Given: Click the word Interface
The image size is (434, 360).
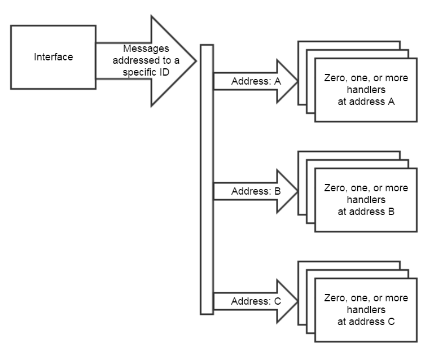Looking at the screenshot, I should click(x=53, y=57).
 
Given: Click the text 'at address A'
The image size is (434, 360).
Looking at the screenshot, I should click(x=366, y=102).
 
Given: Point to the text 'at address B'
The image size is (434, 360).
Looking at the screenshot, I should click(x=366, y=212).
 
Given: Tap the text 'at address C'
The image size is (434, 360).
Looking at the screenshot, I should click(x=366, y=322).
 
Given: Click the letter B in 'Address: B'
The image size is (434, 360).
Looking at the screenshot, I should click(x=277, y=191).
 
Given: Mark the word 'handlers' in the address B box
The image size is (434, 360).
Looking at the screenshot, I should click(x=366, y=200).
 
